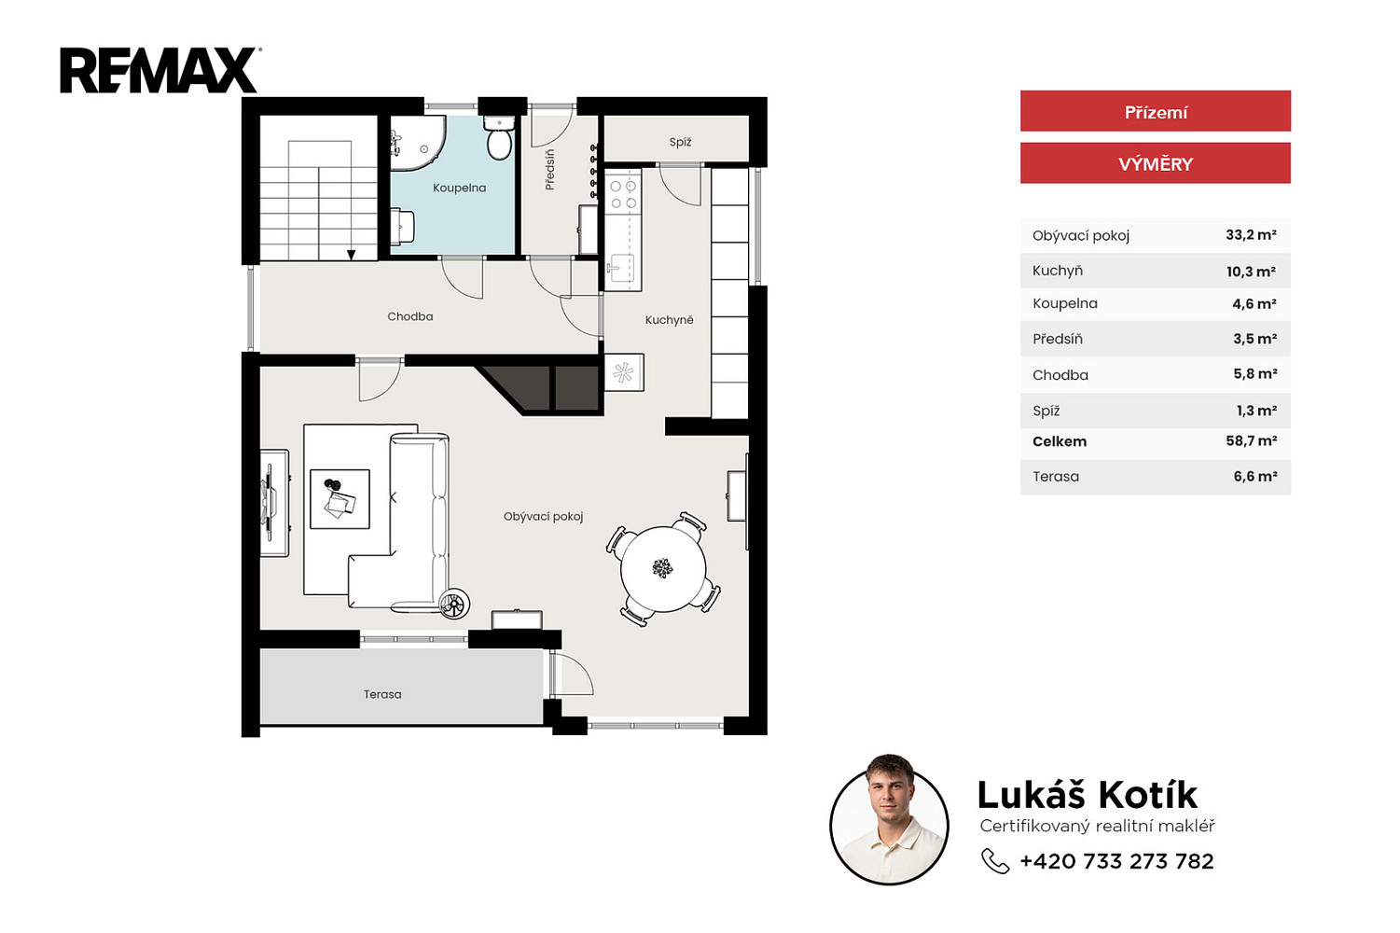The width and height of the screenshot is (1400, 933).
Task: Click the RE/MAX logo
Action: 159,71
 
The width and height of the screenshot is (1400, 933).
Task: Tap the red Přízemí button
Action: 1155,111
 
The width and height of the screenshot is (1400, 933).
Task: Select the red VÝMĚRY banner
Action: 1155,163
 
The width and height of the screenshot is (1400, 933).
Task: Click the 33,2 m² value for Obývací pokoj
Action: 1251,235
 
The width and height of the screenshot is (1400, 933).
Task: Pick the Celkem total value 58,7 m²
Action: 1251,441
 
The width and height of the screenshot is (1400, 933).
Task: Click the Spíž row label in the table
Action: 1047,411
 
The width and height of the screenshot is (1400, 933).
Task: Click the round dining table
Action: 663,569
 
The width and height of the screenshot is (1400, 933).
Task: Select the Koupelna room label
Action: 460,188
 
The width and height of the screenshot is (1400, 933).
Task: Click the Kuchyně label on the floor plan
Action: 670,320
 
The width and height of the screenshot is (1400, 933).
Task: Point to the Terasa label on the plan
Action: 382,694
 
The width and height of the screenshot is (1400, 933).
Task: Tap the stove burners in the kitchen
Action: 623,194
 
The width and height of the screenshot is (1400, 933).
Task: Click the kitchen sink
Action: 619,269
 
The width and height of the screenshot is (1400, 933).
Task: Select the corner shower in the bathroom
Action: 418,143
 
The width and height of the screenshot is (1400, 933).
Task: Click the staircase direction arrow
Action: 352,255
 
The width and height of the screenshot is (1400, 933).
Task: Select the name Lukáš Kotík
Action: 1087,795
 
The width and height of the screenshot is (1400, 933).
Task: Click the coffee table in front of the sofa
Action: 340,499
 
